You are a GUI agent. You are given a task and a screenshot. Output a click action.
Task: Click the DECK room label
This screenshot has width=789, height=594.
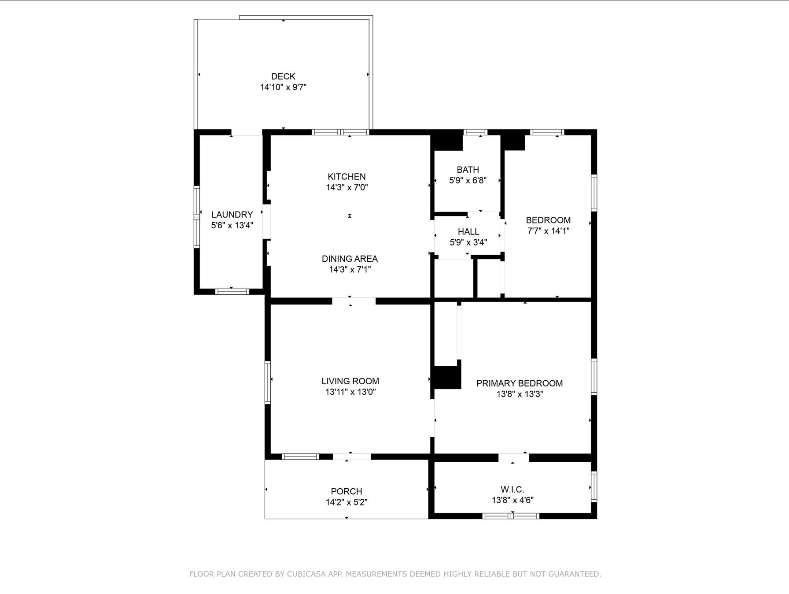tap(283, 76)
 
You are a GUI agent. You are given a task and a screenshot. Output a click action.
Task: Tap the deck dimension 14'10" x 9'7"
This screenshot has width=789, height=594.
tap(283, 87)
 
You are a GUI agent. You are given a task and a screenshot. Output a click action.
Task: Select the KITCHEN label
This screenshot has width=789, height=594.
tap(347, 176)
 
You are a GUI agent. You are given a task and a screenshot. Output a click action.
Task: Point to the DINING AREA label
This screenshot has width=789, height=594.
tap(350, 259)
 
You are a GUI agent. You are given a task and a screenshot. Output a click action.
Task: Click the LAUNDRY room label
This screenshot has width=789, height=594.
tap(232, 215)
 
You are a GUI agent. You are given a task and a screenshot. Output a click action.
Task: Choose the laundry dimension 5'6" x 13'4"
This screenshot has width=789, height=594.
tap(232, 226)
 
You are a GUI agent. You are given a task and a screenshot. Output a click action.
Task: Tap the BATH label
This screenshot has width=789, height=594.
tap(468, 170)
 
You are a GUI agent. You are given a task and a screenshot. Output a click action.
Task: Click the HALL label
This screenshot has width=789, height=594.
tap(468, 231)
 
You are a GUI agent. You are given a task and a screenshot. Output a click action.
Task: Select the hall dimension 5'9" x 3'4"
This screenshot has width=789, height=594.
tap(468, 242)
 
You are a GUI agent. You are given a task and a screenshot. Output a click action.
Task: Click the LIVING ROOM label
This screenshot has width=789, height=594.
tap(350, 381)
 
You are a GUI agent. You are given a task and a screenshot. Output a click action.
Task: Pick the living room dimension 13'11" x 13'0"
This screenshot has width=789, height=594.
tap(350, 392)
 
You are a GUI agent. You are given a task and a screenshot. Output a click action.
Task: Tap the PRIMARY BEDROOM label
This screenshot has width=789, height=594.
tap(520, 383)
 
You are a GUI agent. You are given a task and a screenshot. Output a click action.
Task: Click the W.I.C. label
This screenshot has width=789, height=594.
tap(512, 490)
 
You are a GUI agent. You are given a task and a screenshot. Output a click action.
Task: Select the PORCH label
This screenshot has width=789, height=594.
tap(347, 491)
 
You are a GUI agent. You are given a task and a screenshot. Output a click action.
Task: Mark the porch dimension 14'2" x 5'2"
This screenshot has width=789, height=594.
tap(347, 502)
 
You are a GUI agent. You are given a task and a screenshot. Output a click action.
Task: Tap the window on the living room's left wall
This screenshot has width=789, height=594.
tap(267, 382)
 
